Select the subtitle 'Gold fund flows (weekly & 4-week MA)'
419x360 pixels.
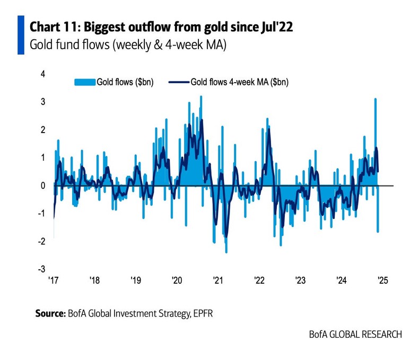(x=128, y=46)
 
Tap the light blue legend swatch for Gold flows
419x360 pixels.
(x=84, y=82)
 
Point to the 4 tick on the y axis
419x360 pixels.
(x=43, y=74)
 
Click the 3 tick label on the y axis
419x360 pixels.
(x=43, y=102)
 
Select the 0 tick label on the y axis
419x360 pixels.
(x=43, y=186)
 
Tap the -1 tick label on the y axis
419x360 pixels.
(x=42, y=214)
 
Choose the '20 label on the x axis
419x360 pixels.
(x=176, y=281)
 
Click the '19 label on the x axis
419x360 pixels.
(x=135, y=281)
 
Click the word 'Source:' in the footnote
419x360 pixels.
(x=50, y=313)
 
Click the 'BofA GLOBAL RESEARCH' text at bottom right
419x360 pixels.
(x=355, y=335)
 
